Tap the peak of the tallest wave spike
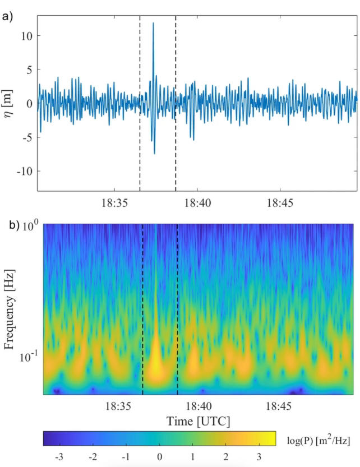pyautogui.click(x=153, y=23)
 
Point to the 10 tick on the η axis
pyautogui.click(x=27, y=36)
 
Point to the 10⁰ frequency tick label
pyautogui.click(x=31, y=226)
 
